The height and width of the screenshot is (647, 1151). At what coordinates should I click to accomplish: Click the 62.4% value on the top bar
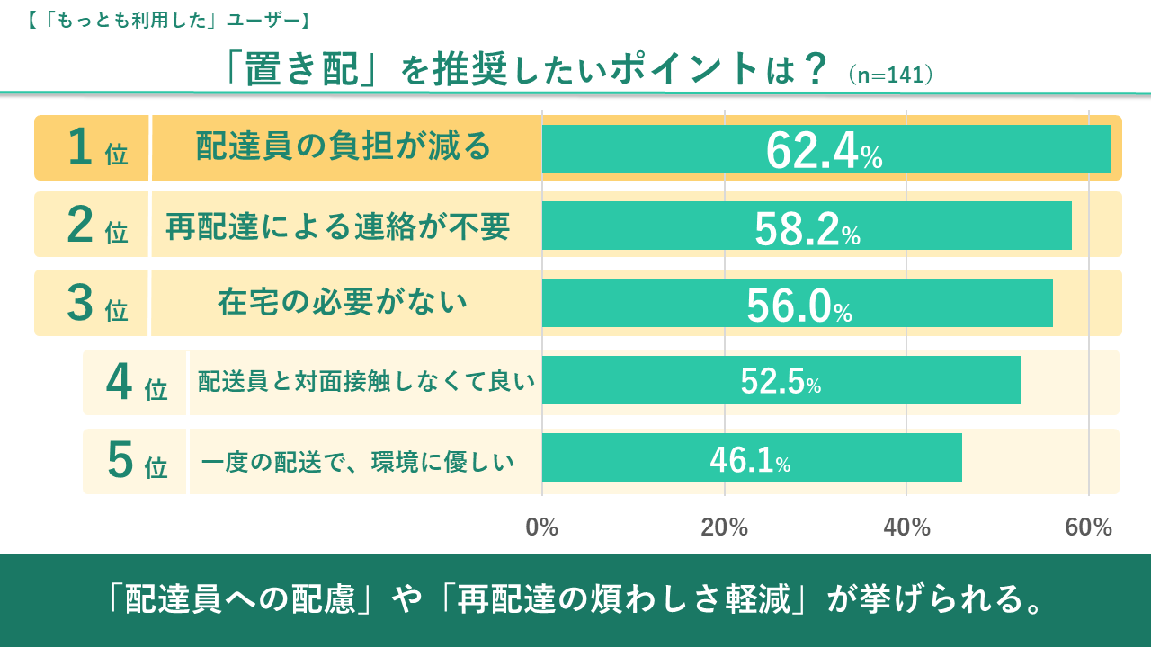(x=824, y=150)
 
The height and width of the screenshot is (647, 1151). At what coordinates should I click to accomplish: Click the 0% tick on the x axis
(x=542, y=527)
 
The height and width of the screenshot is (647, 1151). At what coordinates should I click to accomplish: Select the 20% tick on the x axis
(x=725, y=527)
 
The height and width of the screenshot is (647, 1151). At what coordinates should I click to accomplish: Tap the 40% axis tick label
(x=906, y=527)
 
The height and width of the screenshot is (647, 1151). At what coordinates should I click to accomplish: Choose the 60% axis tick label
(x=1089, y=527)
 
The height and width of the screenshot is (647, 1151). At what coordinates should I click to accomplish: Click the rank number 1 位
(x=97, y=149)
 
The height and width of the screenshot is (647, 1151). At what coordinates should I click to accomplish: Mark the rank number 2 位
(x=97, y=226)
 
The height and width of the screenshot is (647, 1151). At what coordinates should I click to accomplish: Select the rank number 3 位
(x=97, y=304)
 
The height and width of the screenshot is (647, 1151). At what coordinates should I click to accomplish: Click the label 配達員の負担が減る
(x=344, y=146)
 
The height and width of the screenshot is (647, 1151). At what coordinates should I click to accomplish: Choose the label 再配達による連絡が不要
(x=338, y=226)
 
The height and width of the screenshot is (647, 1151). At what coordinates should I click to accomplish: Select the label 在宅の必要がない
(x=343, y=302)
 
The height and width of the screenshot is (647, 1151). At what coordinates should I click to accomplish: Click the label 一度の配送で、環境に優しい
(x=358, y=462)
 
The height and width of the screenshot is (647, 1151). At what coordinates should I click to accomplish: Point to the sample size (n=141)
(x=889, y=74)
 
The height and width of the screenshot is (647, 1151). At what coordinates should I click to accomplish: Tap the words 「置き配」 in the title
(x=302, y=70)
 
